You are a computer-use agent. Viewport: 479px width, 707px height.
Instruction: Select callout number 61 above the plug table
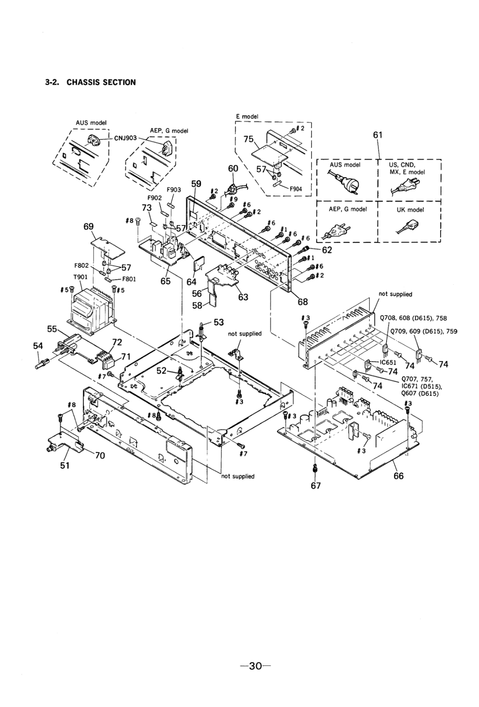click(377, 135)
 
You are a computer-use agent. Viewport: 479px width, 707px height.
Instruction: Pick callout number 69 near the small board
click(89, 227)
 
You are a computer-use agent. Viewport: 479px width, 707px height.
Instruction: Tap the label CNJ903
click(125, 137)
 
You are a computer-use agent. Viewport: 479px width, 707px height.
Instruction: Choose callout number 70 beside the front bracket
click(99, 455)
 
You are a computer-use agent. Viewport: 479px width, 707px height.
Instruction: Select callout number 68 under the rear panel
click(302, 302)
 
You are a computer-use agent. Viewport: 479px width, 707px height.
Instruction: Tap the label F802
click(88, 266)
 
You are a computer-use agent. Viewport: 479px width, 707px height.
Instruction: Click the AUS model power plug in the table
click(343, 181)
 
